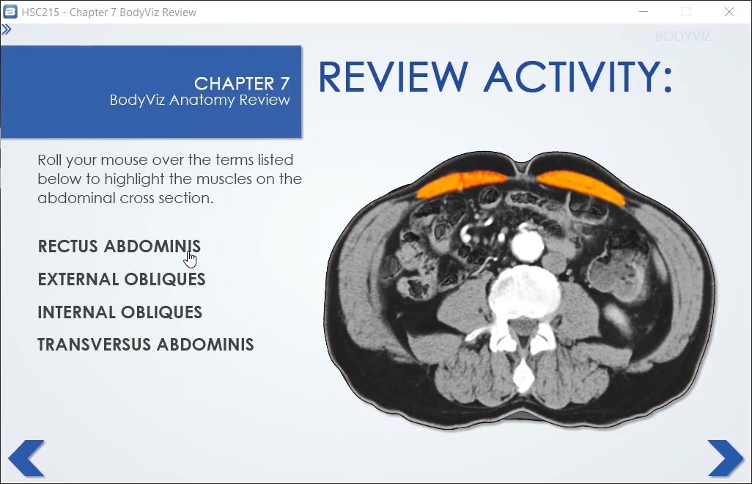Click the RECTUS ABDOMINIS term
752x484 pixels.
pyautogui.click(x=119, y=246)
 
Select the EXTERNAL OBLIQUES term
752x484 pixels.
pyautogui.click(x=122, y=279)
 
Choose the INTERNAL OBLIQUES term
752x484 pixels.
pyautogui.click(x=120, y=312)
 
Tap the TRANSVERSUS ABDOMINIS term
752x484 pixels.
pyautogui.click(x=146, y=345)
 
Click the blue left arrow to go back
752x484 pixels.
pyautogui.click(x=27, y=458)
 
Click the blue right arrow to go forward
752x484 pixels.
pyautogui.click(x=725, y=458)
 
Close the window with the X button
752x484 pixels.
pyautogui.click(x=729, y=12)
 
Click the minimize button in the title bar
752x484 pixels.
pyautogui.click(x=644, y=12)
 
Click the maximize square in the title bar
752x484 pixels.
pyautogui.click(x=686, y=12)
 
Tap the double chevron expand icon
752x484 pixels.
pyautogui.click(x=7, y=30)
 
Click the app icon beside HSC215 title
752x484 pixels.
pyautogui.click(x=10, y=12)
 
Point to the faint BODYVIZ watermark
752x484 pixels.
pyautogui.click(x=682, y=37)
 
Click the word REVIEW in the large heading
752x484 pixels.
pyautogui.click(x=393, y=77)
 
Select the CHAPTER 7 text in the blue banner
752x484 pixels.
pyautogui.click(x=242, y=84)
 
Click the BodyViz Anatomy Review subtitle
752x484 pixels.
pyautogui.click(x=199, y=100)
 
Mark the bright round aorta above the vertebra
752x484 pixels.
pyautogui.click(x=527, y=245)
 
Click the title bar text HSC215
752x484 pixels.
pyautogui.click(x=40, y=12)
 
